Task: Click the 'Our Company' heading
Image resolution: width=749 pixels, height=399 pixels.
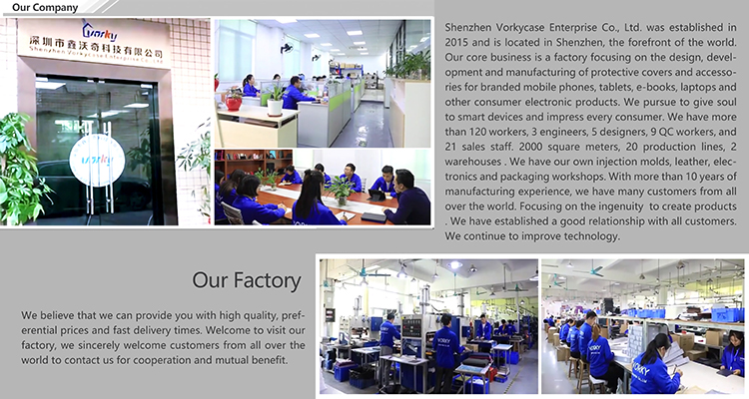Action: (x=45, y=8)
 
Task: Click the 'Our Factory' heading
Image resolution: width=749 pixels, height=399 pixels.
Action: (x=247, y=280)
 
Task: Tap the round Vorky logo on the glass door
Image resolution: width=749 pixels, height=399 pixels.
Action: (x=97, y=160)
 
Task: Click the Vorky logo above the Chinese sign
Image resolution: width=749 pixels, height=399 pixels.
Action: (x=99, y=31)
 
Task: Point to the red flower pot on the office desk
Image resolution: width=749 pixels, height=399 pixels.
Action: (x=234, y=103)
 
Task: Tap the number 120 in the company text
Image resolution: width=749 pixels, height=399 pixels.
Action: (x=477, y=132)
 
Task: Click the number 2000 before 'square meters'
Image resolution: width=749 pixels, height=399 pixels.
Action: (x=530, y=147)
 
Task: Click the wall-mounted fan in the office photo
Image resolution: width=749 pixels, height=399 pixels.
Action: (x=287, y=48)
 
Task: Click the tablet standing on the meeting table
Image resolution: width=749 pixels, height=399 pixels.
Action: (x=375, y=196)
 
